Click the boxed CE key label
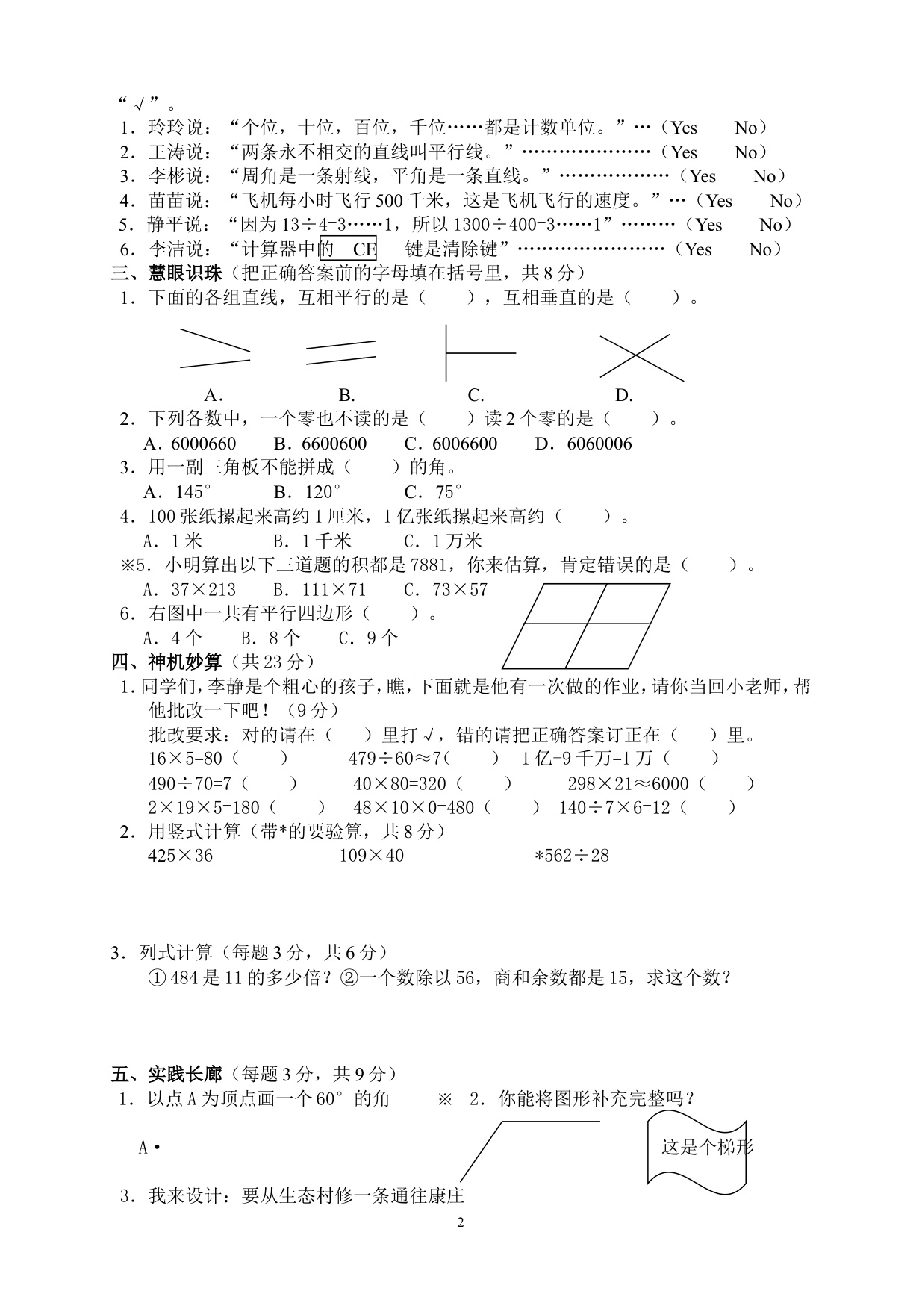click(x=348, y=249)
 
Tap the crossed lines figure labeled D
click(x=641, y=357)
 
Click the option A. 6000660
click(x=190, y=444)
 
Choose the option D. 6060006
click(x=583, y=444)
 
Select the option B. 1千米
click(x=311, y=541)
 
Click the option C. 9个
click(x=368, y=638)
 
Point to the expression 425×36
click(x=181, y=856)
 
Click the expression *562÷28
click(x=571, y=856)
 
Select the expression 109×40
click(x=371, y=856)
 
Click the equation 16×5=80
click(x=186, y=759)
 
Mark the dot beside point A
click(x=157, y=1148)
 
